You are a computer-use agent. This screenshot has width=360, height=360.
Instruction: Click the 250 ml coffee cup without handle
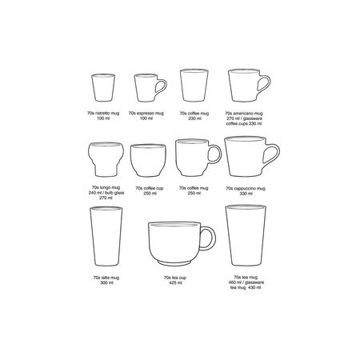pos(146,161)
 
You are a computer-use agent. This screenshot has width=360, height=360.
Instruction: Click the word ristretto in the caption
pos(101,115)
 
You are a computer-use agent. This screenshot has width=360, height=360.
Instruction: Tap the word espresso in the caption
pos(146,115)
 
